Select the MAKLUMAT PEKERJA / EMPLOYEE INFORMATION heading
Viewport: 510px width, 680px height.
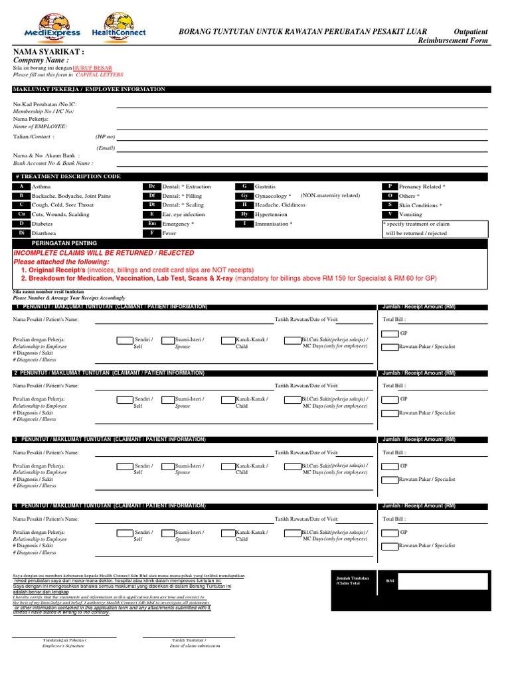[x=88, y=89]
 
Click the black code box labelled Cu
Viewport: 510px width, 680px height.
[x=21, y=214]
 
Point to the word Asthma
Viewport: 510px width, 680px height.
[x=42, y=187]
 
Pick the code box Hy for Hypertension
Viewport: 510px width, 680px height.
[x=244, y=214]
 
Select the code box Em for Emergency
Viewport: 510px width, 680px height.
[x=152, y=224]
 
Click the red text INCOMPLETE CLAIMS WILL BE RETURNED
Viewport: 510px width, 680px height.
[x=104, y=253]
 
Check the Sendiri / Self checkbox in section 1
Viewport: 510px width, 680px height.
[x=124, y=341]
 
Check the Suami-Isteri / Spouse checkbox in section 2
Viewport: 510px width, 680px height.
[x=165, y=400]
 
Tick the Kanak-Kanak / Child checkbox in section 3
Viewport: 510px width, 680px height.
[x=227, y=467]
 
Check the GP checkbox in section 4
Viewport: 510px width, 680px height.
[x=390, y=532]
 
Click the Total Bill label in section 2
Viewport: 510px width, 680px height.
[x=395, y=385]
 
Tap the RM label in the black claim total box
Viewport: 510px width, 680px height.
[x=390, y=580]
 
